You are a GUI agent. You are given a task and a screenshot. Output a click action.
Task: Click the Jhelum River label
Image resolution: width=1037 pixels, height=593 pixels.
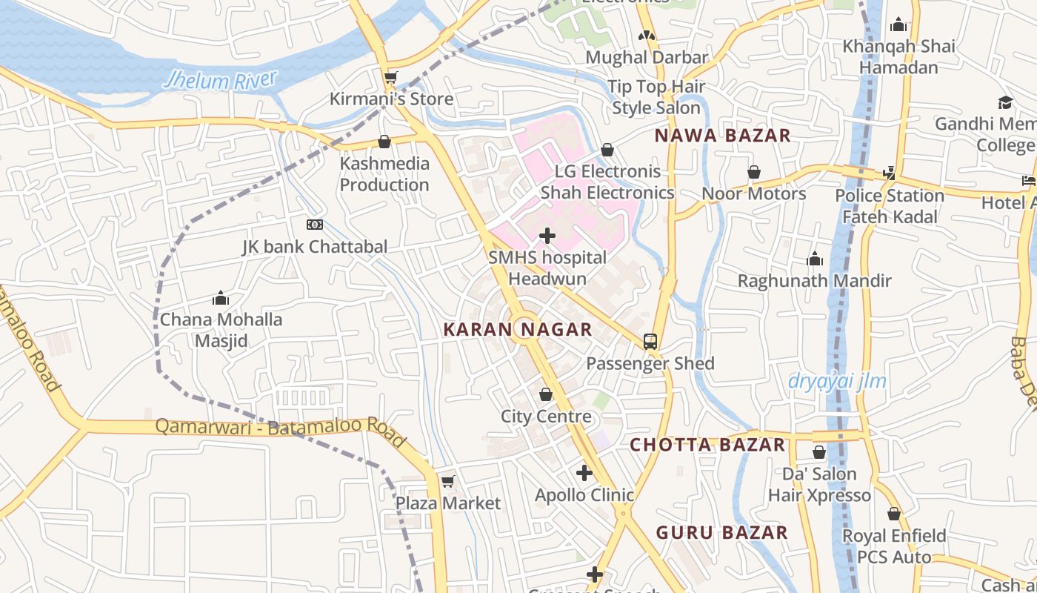pos(220,80)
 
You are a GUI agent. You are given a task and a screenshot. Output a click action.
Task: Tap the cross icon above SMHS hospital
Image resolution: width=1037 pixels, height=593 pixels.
pos(547,236)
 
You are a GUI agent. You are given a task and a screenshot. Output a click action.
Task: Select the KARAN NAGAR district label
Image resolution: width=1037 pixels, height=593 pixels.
pos(517,330)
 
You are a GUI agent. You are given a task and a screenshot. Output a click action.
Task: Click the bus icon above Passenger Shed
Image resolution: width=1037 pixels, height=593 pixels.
pos(650,342)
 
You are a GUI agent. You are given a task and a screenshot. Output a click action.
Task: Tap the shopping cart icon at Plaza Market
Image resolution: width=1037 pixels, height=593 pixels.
pos(447,482)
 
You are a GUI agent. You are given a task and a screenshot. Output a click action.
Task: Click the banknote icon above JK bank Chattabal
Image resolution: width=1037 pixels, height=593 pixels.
pos(315,225)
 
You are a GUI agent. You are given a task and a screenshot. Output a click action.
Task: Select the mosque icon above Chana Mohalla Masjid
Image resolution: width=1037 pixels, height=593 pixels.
pos(221,299)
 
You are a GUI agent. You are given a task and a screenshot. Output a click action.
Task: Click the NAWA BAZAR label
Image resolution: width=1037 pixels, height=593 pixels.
pos(723,136)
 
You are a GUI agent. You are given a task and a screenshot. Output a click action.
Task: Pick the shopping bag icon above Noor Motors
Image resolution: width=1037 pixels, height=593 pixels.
pos(754,172)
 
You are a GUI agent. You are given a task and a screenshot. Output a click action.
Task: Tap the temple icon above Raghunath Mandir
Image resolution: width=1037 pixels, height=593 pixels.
pos(815,259)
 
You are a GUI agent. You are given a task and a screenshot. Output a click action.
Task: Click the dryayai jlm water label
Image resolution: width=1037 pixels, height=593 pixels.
pos(837,382)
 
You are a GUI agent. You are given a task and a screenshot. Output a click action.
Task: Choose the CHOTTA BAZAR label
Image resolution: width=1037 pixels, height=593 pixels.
pos(707,445)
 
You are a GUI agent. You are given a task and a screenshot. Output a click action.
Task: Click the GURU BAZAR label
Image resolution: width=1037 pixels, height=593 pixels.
pos(721,532)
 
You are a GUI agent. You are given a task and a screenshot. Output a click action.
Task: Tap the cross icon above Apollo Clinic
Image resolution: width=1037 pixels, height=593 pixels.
pos(584,473)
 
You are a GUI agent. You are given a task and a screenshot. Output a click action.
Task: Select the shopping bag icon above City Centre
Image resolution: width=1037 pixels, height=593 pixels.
pos(546,394)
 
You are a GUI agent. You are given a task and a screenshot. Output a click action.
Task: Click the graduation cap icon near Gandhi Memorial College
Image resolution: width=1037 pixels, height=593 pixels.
pos(1005,102)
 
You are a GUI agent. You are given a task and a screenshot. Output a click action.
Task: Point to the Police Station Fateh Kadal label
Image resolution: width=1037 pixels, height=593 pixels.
pos(890,206)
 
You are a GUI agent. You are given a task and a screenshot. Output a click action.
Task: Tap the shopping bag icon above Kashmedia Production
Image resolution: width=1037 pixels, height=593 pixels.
pos(384,142)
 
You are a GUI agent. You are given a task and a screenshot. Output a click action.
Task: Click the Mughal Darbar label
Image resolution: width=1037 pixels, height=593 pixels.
pos(647,57)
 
